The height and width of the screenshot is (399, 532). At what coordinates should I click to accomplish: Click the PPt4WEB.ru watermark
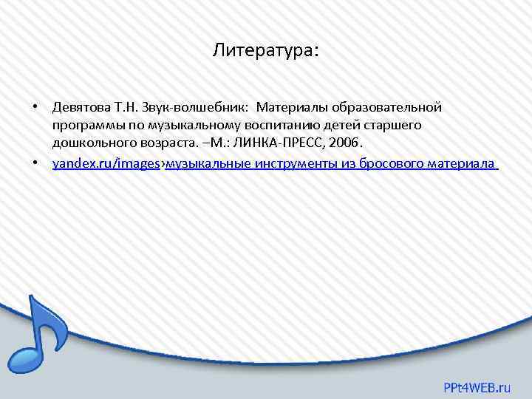coord(477,386)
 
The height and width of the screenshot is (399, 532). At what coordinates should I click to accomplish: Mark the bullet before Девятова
coord(35,108)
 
